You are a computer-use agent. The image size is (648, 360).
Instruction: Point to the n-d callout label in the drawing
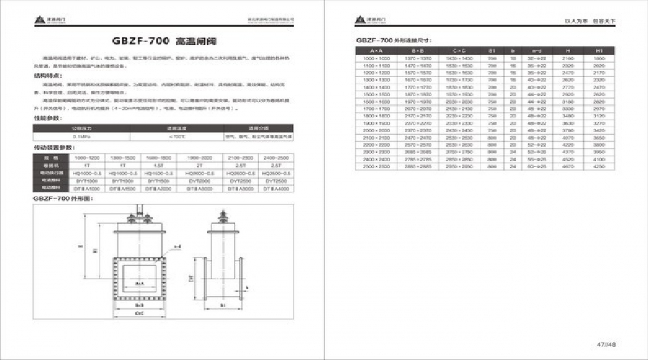176,246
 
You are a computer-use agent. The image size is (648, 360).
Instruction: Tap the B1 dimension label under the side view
224,305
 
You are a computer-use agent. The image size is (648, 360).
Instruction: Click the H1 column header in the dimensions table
599,50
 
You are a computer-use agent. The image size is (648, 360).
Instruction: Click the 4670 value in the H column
567,167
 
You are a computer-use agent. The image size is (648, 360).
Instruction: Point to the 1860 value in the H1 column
599,58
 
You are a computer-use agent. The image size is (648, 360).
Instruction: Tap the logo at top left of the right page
362,22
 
